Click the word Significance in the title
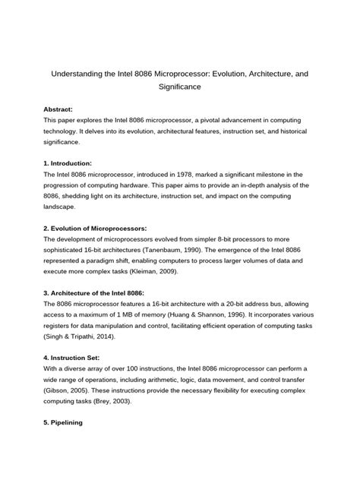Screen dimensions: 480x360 179,87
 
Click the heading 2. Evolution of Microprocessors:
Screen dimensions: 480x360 96,228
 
